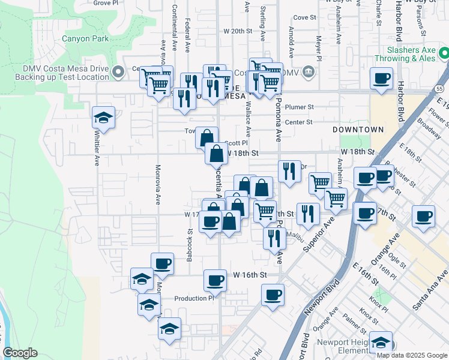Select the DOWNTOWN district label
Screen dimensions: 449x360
pos(358,130)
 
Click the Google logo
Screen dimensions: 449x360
pos(20,353)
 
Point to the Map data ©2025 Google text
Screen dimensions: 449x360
pos(412,355)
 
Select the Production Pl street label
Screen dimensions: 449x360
pos(194,298)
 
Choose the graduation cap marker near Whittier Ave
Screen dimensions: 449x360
pos(104,118)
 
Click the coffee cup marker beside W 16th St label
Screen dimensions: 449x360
pos(215,280)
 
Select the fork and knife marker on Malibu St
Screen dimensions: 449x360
pos(274,238)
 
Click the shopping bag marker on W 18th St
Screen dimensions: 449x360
pos(217,154)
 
